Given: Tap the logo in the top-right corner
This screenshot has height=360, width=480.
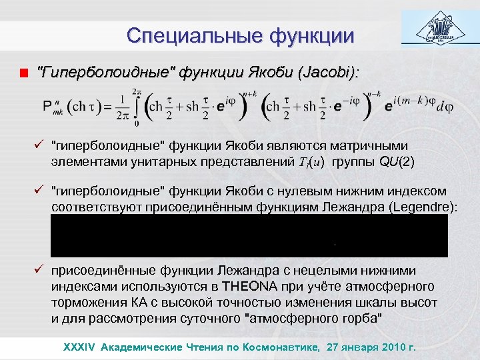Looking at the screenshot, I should point(440,30).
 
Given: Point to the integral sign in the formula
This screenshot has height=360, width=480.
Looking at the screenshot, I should point(137,107).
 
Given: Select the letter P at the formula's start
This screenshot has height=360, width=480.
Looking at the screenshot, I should point(47,107).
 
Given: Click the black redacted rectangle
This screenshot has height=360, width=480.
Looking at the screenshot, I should point(249,235).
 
